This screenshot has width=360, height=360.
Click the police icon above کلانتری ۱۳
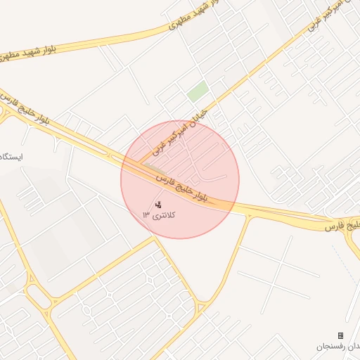coord(157,205)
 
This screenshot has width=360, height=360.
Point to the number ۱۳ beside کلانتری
coord(146,214)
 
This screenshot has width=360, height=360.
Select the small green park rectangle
coord(198,91)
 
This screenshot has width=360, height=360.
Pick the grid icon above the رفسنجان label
coord(341,336)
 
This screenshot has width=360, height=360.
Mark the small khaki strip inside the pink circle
coord(146,166)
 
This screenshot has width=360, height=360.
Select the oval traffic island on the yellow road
coord(87,310)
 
